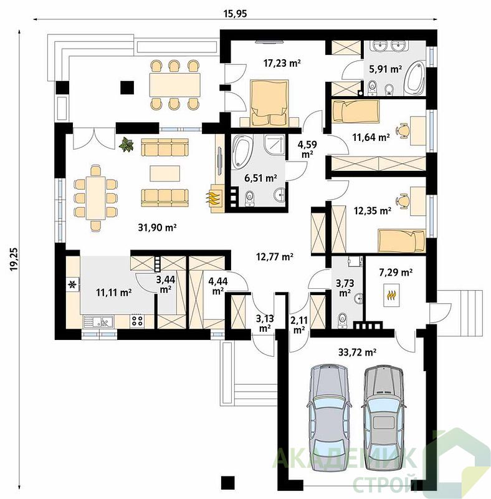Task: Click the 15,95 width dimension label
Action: coord(236,13)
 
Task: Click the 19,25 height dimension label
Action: coord(14,259)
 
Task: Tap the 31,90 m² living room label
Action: coord(157,227)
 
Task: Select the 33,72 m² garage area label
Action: coord(357,352)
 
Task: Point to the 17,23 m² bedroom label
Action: coord(282,63)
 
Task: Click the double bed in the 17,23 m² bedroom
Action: coord(269,102)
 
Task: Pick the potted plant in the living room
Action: coord(126,145)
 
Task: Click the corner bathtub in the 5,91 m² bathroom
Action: coord(415,78)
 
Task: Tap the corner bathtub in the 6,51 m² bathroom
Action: coord(242,151)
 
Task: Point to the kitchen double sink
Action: coord(98,321)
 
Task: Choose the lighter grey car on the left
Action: coord(330,417)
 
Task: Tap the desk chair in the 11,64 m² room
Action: coord(403,130)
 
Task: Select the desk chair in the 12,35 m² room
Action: coord(403,200)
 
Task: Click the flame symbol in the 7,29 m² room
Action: coord(391,295)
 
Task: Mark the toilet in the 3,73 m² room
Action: coord(342,320)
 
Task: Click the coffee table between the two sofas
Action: coord(165,173)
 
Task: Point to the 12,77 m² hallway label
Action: coord(275,256)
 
